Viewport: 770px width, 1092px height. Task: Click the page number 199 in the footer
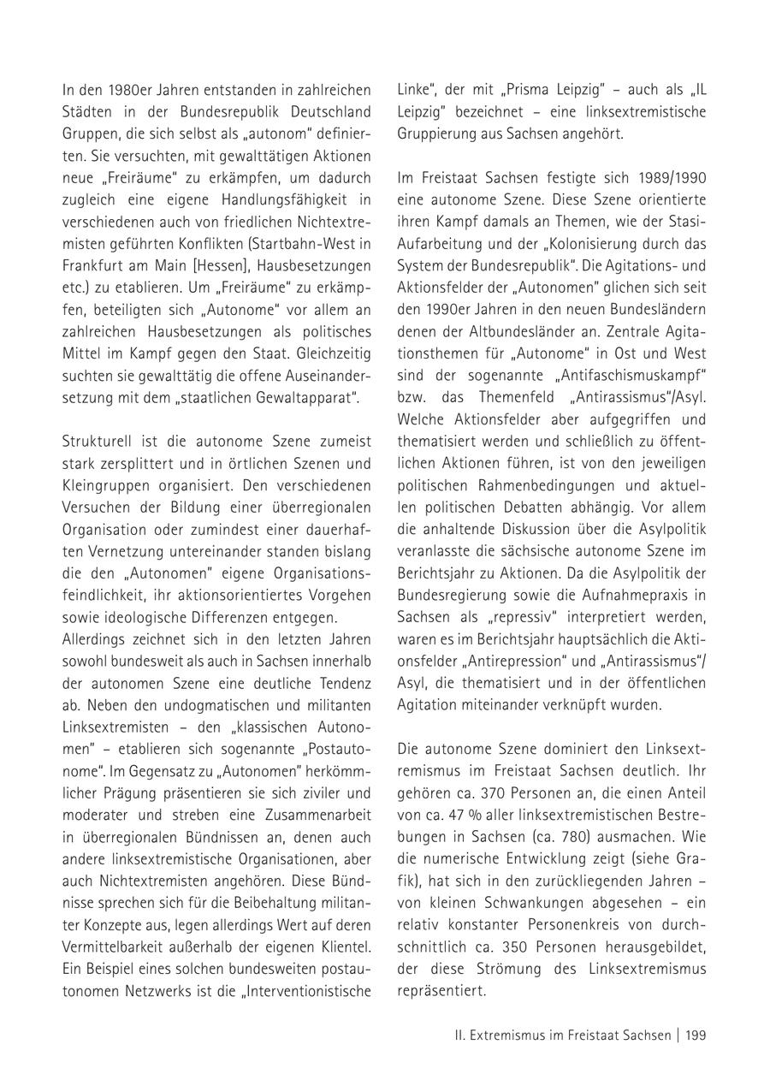(696, 1036)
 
